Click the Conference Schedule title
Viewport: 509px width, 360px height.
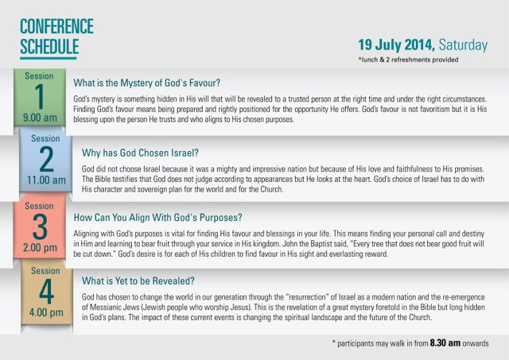[x=56, y=37]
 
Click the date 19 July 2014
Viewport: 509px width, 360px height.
[x=396, y=45]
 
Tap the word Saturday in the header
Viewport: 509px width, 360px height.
[x=463, y=45]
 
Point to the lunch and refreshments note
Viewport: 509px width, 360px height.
[x=408, y=60]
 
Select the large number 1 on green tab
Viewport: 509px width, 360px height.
[x=40, y=96]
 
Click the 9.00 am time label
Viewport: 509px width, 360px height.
[x=40, y=118]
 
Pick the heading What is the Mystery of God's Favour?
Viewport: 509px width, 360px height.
[x=146, y=83]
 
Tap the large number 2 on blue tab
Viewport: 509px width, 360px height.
[x=46, y=159]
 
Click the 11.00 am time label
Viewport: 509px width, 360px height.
[x=46, y=180]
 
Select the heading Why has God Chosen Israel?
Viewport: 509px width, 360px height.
[x=140, y=153]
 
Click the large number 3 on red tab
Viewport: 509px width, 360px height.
[x=40, y=227]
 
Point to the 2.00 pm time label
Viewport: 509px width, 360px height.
[x=40, y=247]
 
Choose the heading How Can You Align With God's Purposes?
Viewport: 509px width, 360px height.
[x=157, y=217]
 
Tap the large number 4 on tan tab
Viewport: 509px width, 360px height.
[x=46, y=292]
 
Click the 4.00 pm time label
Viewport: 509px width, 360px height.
[x=46, y=312]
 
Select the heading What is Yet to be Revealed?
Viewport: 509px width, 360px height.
[x=138, y=281]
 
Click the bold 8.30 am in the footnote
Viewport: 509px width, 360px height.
[x=445, y=343]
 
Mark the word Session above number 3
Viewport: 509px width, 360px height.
[x=39, y=206]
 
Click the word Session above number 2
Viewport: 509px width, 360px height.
[x=45, y=138]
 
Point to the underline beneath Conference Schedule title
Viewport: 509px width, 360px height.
[x=49, y=58]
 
